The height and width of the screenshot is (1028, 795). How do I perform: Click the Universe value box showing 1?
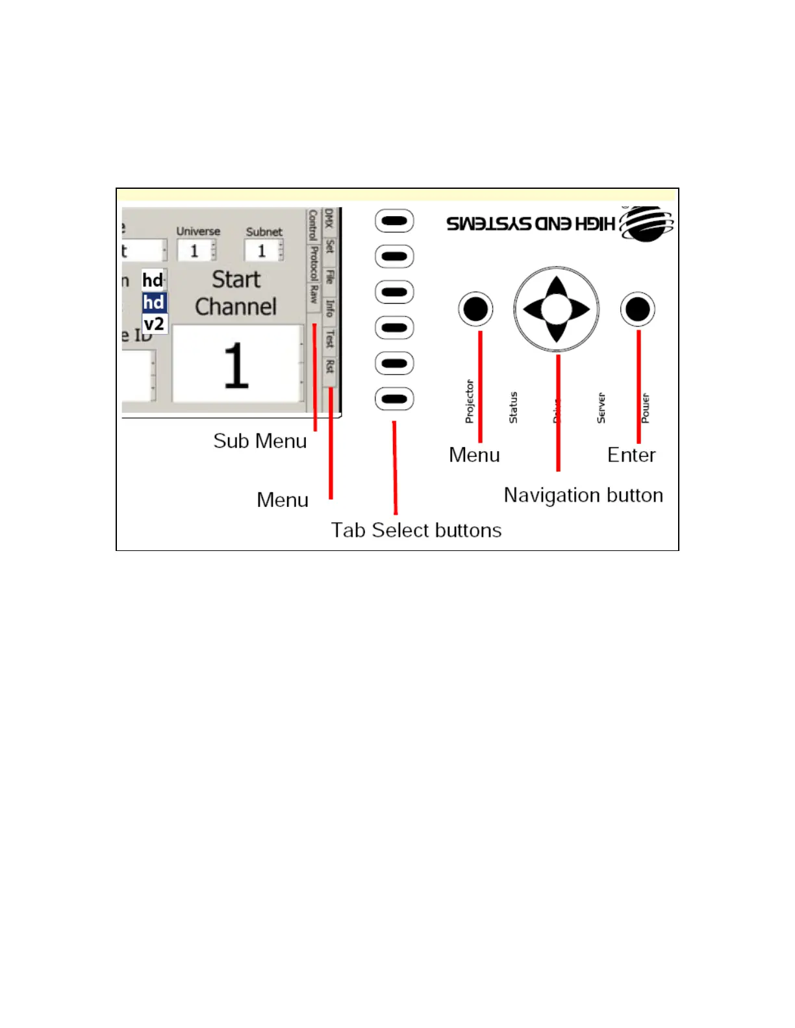[x=194, y=251]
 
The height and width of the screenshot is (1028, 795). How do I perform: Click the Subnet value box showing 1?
[x=262, y=251]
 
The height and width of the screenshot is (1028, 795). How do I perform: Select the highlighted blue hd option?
[x=154, y=302]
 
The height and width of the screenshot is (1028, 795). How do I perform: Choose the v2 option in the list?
[x=154, y=324]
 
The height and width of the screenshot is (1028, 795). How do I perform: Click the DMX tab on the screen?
[x=329, y=218]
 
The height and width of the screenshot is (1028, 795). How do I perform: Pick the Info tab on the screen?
[x=330, y=308]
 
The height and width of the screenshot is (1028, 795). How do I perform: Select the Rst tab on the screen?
[x=330, y=367]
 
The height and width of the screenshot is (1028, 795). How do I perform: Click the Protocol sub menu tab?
[x=314, y=263]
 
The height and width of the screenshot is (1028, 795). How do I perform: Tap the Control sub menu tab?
[x=313, y=225]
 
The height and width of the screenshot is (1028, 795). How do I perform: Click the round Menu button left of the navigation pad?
[x=475, y=309]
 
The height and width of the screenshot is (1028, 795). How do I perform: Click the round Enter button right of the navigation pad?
[x=637, y=309]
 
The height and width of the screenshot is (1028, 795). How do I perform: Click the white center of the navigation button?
[x=556, y=309]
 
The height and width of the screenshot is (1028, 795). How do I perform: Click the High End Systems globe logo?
[x=646, y=224]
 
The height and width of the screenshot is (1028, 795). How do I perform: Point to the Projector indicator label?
[x=470, y=402]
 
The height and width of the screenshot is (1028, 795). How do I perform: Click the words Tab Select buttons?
[x=416, y=530]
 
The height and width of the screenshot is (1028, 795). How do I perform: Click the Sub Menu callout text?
[x=260, y=441]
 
